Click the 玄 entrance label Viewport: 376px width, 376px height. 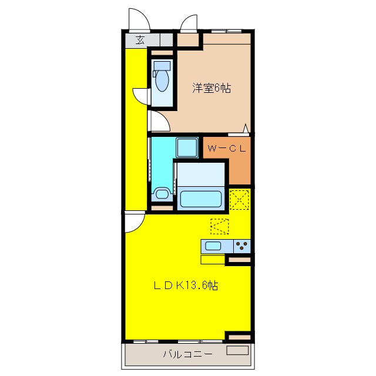140,40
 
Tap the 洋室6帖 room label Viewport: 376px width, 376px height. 212,88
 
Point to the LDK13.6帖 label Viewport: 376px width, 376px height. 186,286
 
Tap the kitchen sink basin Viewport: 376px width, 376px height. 213,246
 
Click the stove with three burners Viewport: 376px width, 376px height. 241,246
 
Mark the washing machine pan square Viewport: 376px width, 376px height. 187,148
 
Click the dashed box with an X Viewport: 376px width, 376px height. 239,199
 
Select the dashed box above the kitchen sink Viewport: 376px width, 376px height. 220,226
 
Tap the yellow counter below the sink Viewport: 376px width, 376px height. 213,259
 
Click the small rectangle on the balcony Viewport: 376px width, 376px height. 237,350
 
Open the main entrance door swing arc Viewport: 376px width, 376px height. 137,19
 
